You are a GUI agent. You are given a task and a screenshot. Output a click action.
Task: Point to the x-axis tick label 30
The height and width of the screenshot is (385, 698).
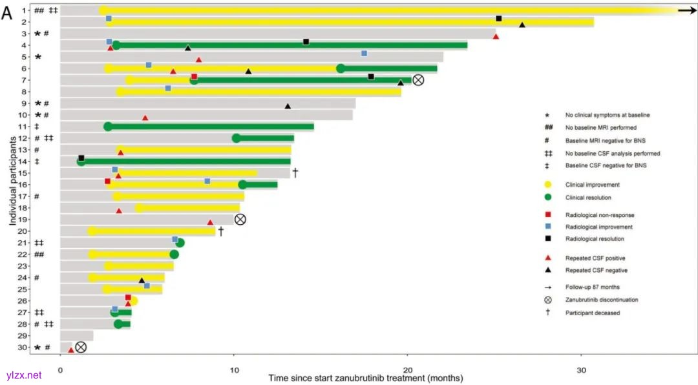(x=581, y=370)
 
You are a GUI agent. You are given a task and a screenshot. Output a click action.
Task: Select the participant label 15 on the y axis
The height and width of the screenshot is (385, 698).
(x=23, y=172)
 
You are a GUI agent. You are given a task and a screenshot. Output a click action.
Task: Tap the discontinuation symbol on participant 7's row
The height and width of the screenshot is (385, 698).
(x=418, y=80)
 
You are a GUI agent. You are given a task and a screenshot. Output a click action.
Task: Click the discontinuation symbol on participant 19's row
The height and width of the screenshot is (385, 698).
(x=240, y=219)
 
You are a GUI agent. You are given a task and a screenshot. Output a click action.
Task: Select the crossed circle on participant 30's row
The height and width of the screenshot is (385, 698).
(x=81, y=347)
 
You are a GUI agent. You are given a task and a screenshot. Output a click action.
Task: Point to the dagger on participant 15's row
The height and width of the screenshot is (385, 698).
(x=295, y=172)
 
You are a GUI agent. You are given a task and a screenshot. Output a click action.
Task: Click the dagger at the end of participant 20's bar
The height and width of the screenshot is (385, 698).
(x=220, y=231)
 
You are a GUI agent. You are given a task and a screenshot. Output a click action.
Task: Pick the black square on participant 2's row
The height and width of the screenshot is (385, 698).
(x=499, y=19)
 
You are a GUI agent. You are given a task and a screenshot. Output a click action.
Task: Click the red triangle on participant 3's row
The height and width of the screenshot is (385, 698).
(x=496, y=36)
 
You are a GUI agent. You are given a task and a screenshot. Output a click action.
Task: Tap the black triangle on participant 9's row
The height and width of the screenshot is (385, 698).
(x=288, y=105)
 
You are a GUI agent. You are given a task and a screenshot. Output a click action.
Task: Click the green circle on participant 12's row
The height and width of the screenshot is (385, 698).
(x=237, y=138)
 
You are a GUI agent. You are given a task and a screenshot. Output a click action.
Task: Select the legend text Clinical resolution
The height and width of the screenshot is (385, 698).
(x=589, y=198)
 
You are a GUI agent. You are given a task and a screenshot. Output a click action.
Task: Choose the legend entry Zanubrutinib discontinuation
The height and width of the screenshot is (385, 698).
(x=602, y=300)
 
